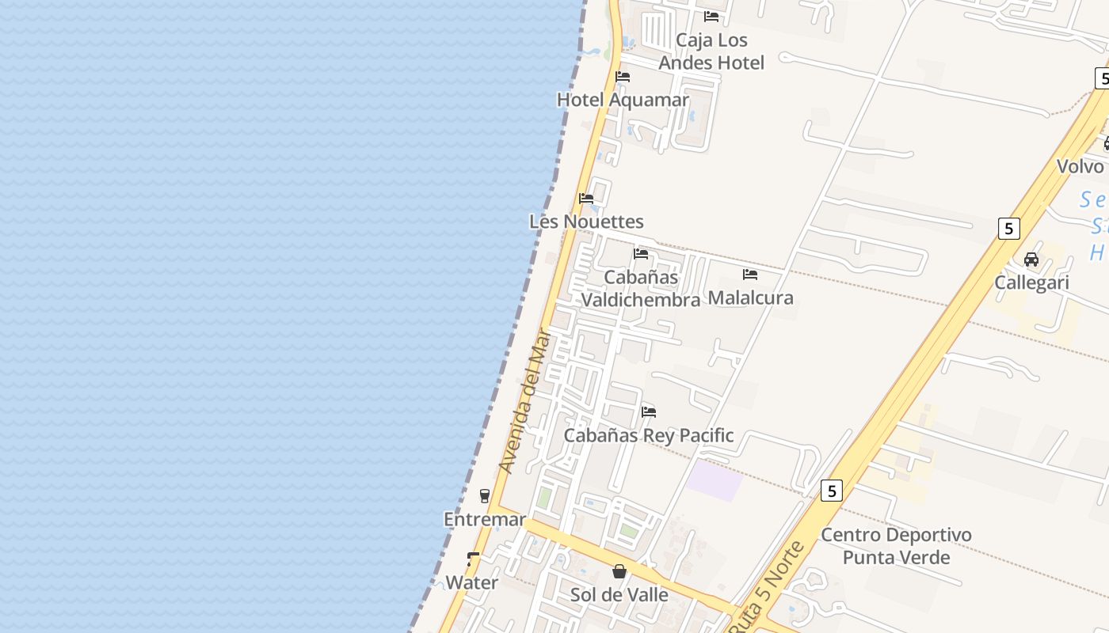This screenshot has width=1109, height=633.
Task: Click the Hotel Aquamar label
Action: pos(623,100)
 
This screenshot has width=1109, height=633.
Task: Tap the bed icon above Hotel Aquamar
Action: pos(623,77)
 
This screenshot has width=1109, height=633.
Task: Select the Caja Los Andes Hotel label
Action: pos(711,51)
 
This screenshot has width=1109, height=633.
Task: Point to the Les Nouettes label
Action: pos(586,222)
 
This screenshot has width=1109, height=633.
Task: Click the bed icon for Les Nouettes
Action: pos(586,198)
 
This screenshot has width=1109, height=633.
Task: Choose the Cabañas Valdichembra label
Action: pos(641,289)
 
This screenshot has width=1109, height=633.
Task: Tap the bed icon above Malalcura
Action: pos(750,275)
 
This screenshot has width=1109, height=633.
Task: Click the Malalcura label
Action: pos(750,298)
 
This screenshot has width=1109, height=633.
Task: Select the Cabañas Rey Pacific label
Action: pos(649,435)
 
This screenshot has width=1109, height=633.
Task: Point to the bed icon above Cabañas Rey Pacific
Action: pos(649,411)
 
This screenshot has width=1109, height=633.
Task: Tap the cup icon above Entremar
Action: pos(485,496)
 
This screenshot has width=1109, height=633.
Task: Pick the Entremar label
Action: pos(485,520)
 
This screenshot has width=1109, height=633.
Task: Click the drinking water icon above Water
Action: pos(473,559)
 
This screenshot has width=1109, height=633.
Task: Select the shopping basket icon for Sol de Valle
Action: pos(619,571)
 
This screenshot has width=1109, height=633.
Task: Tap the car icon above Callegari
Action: pos(1031,259)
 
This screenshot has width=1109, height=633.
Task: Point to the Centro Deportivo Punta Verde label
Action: pos(896,546)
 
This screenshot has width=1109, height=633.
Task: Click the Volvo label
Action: pos(1080,166)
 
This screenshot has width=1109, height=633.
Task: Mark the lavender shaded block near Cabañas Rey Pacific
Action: pos(715,480)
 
